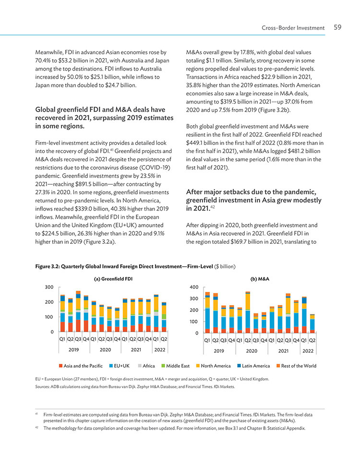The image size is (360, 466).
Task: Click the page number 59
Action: pyautogui.click(x=337, y=27)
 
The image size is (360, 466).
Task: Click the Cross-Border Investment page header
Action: pyautogui.click(x=293, y=28)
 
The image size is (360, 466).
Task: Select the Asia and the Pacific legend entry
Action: pyautogui.click(x=81, y=366)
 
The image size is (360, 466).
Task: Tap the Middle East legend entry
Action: pyautogui.click(x=175, y=366)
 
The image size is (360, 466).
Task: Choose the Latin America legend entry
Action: pyautogui.click(x=253, y=366)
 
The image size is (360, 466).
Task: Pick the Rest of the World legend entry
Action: pyautogui.click(x=296, y=366)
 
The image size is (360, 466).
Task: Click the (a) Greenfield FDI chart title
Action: pyautogui.click(x=113, y=279)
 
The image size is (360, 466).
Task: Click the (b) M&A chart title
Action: pyautogui.click(x=260, y=279)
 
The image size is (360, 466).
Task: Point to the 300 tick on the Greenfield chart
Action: pyautogui.click(x=49, y=287)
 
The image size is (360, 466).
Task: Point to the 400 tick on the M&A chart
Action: pyautogui.click(x=194, y=287)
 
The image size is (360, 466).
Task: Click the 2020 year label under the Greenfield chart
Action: pyautogui.click(x=105, y=350)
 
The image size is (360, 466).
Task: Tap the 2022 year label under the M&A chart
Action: pyautogui.click(x=308, y=351)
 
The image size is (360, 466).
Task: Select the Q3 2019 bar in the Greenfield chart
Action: pyautogui.click(x=78, y=311)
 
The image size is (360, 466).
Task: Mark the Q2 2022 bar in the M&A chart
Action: pyautogui.click(x=312, y=323)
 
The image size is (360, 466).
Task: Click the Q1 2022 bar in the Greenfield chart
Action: pyautogui.click(x=156, y=313)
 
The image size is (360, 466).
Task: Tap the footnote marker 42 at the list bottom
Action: pyautogui.click(x=37, y=427)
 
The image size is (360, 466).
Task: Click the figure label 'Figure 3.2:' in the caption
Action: pyautogui.click(x=47, y=266)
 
